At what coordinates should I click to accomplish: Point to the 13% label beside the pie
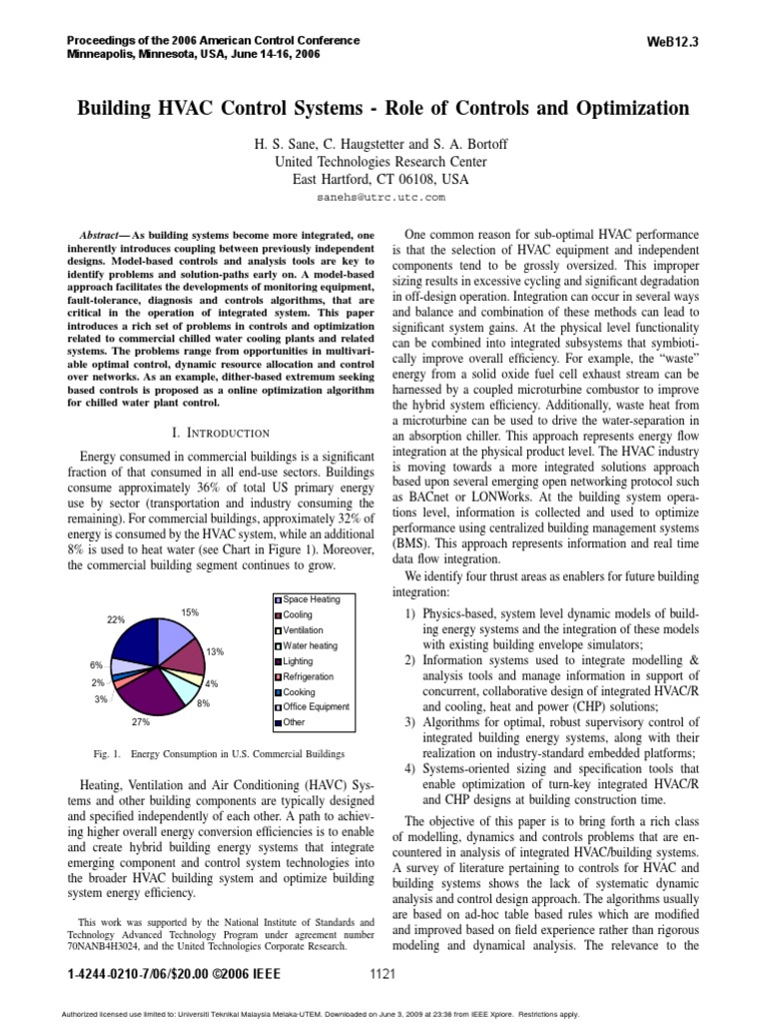(214, 651)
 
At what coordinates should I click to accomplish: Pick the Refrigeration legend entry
(308, 676)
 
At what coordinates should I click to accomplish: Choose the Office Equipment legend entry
(316, 706)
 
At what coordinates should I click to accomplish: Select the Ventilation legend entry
(304, 630)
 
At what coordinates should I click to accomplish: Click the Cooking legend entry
(299, 691)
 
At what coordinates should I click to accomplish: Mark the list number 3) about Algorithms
(408, 722)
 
